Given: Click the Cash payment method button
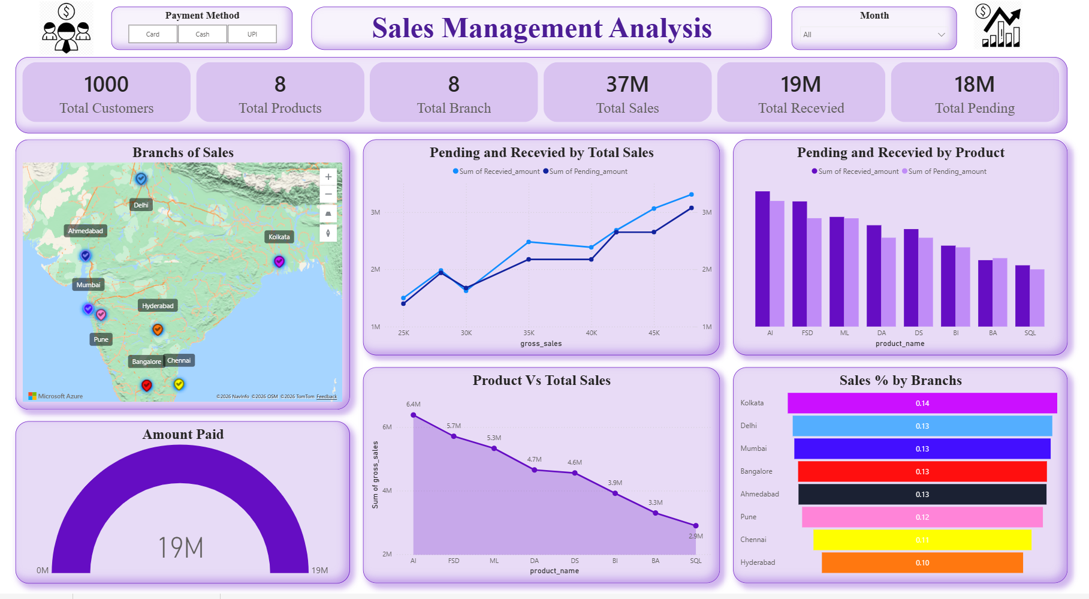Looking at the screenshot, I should [x=203, y=34].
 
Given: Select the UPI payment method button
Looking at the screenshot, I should [x=252, y=34].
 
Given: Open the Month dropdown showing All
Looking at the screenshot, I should [x=874, y=35].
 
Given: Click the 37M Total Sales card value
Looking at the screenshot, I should [x=627, y=85].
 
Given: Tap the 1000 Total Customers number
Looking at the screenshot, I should [x=106, y=85].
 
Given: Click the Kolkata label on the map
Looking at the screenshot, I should [x=279, y=237].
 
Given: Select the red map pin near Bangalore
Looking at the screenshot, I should [x=146, y=385].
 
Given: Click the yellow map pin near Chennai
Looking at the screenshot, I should [x=179, y=384].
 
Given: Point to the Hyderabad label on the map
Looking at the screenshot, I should [x=158, y=306].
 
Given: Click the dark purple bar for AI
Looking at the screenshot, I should [x=762, y=258].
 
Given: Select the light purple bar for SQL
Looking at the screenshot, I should [x=1037, y=297].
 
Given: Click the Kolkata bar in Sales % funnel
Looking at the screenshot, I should [x=922, y=404].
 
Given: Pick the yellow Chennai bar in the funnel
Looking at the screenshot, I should [x=922, y=540].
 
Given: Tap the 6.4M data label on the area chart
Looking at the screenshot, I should [x=414, y=404].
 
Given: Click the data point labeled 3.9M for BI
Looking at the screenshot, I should [x=615, y=493].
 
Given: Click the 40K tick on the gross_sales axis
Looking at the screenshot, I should [x=591, y=333].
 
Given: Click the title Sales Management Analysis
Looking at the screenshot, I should [x=541, y=28].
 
